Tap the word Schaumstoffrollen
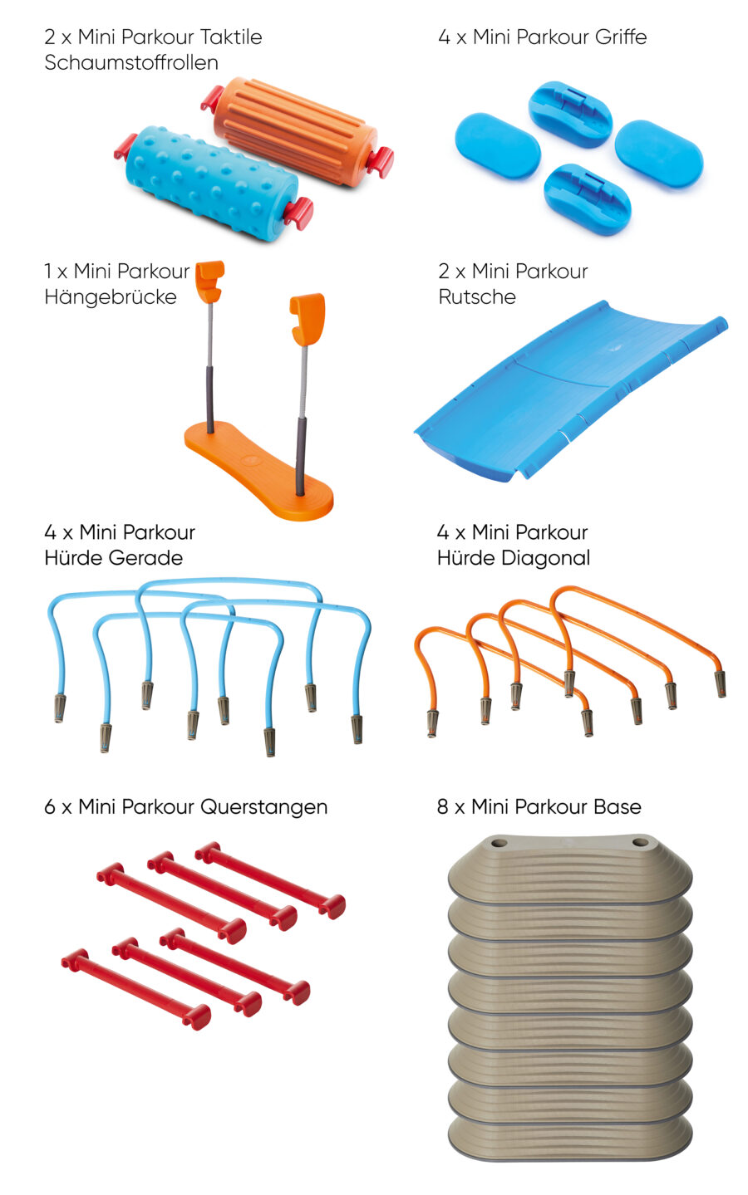pyautogui.click(x=131, y=62)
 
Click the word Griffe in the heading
pyautogui.click(x=620, y=37)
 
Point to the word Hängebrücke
pyautogui.click(x=111, y=296)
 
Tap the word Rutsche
pyautogui.click(x=477, y=296)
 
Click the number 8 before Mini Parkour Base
pyautogui.click(x=443, y=806)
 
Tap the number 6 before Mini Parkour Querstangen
pyautogui.click(x=50, y=807)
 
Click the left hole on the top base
pyautogui.click(x=499, y=844)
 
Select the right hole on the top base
pyautogui.click(x=640, y=843)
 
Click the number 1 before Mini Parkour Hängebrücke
pyautogui.click(x=47, y=271)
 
